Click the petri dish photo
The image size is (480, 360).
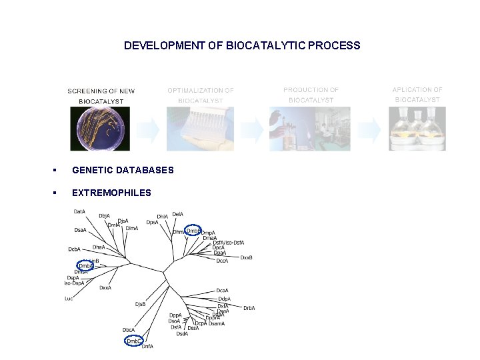[x=100, y=129]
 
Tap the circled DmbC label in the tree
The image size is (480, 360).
[x=133, y=341]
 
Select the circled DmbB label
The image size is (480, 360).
[x=193, y=231]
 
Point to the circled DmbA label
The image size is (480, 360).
[x=86, y=265]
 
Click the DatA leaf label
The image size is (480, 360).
[x=79, y=211]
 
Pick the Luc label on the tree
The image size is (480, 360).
[x=69, y=299]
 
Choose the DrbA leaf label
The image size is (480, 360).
[x=249, y=308]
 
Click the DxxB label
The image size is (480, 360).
[x=246, y=257]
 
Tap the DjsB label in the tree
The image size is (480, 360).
[x=140, y=304]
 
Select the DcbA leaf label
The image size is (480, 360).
[x=74, y=249]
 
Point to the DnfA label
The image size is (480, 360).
[x=147, y=347]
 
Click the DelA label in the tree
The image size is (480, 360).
[x=177, y=215]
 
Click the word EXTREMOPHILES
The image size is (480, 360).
[x=111, y=193]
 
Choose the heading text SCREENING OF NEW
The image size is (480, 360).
[x=101, y=91]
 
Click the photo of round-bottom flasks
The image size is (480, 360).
[x=417, y=129]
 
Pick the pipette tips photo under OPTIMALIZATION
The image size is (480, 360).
[x=201, y=129]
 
